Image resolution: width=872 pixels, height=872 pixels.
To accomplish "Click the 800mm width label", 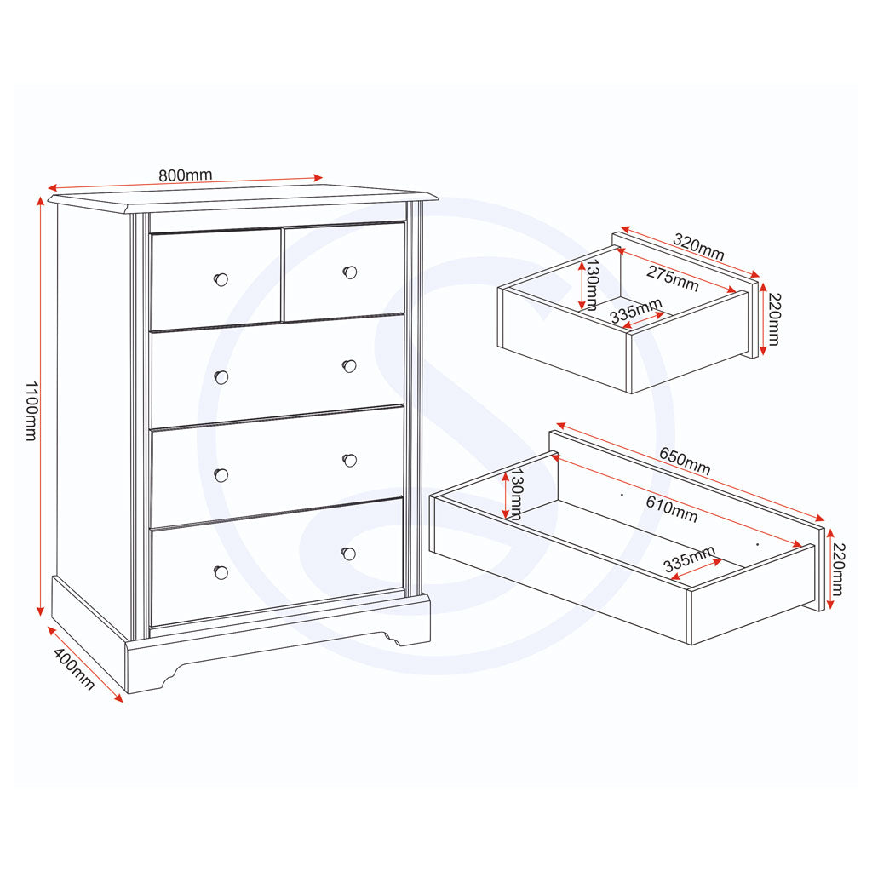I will (x=185, y=175).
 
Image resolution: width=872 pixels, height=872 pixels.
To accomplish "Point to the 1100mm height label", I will (x=31, y=410).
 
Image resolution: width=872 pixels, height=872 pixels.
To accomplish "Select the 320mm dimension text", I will (x=698, y=246).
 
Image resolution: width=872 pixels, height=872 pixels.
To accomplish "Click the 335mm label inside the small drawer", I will (x=636, y=311).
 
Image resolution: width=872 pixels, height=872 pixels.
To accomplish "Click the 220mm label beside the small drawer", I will (x=772, y=319).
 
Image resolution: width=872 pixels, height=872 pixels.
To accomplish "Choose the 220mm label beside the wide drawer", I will (x=838, y=570).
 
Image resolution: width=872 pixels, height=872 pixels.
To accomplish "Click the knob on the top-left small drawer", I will (x=221, y=279).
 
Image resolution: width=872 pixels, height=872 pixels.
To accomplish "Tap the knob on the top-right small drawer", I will (x=349, y=272).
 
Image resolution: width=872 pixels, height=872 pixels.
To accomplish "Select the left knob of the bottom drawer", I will (x=221, y=572).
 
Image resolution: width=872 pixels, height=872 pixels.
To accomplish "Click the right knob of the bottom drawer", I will (x=348, y=554).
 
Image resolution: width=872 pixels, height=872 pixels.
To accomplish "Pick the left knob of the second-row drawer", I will (x=221, y=377).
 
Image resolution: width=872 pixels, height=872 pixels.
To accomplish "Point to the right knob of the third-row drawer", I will (x=349, y=460).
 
